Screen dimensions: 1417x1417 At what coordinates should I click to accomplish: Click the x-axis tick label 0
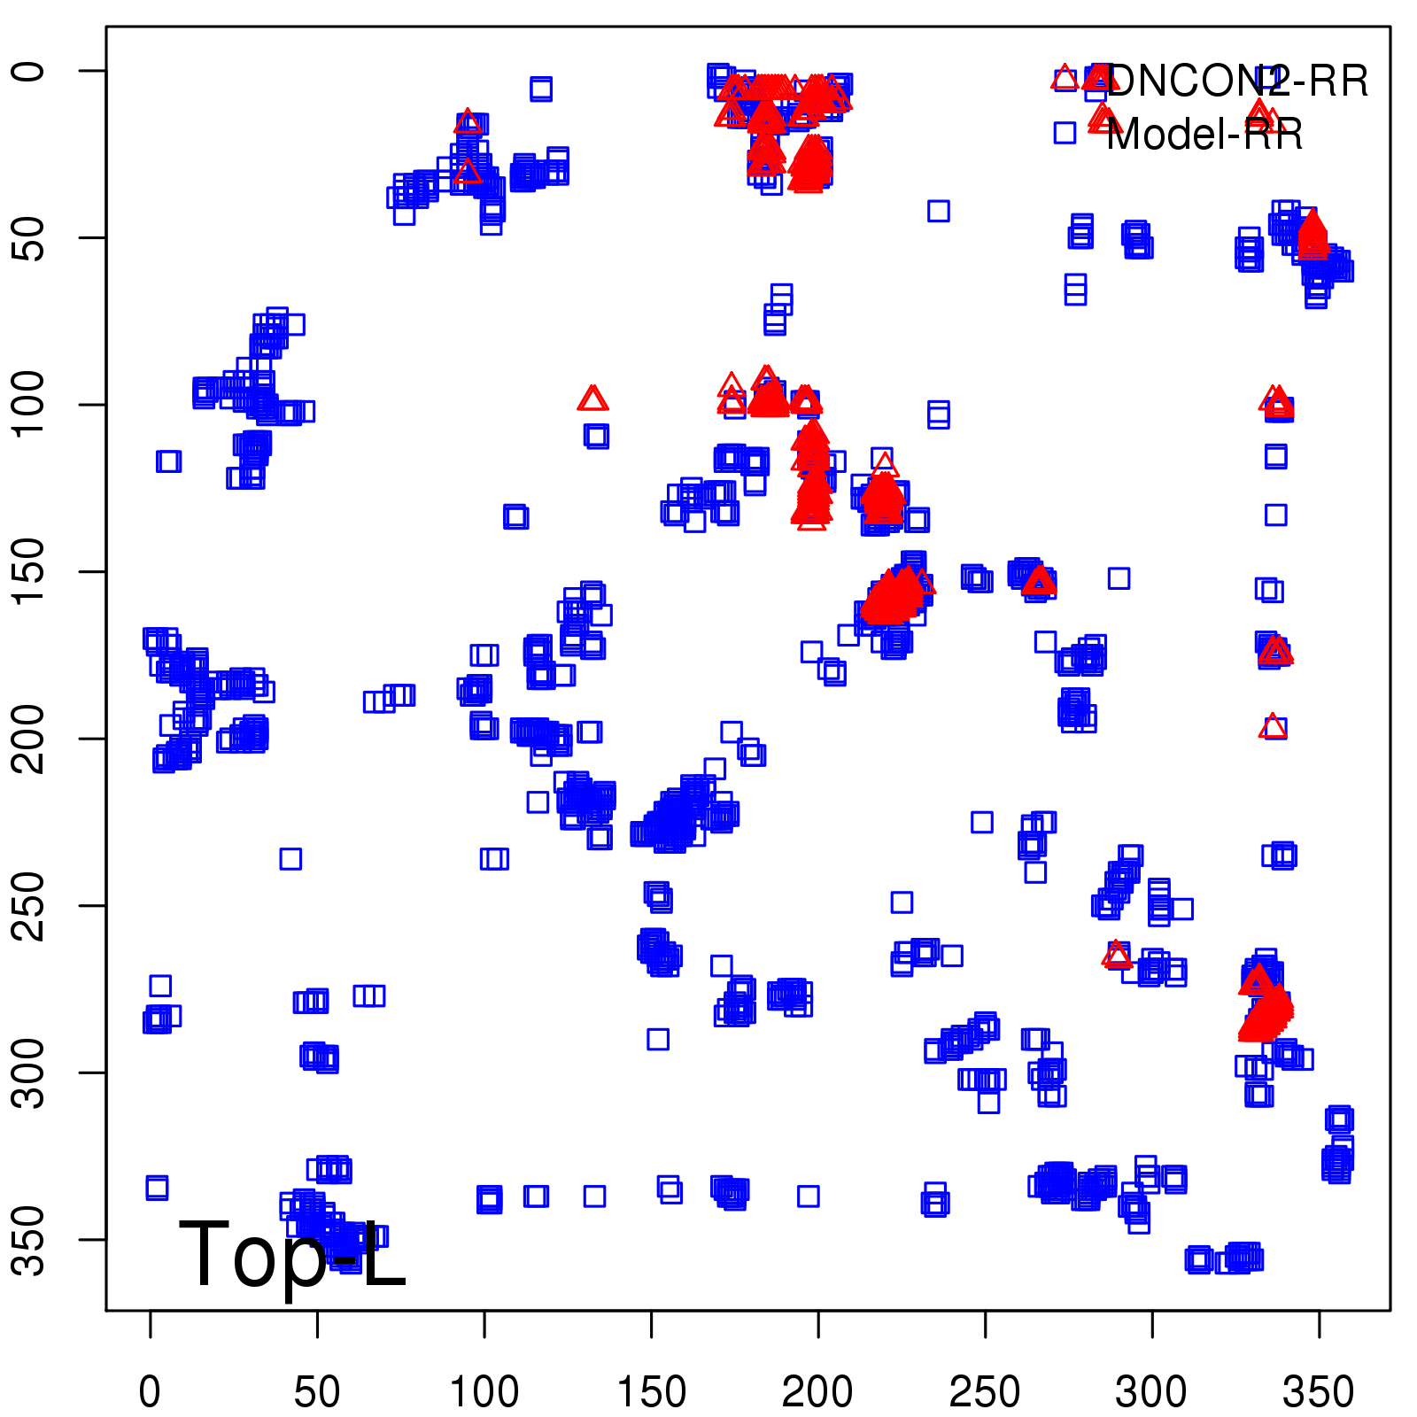pos(150,1391)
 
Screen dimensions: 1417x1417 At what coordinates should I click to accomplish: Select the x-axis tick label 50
pos(317,1391)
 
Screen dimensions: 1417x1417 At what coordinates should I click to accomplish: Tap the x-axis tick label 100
pos(484,1391)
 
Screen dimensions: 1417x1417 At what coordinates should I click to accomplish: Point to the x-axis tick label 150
pos(651,1391)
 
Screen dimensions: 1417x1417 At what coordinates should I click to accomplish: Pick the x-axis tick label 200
pos(817,1391)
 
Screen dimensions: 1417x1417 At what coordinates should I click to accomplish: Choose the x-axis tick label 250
pos(985,1391)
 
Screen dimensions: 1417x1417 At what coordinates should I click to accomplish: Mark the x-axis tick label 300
pos(1151,1391)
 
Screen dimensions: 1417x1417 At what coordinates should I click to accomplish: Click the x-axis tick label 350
pos(1319,1391)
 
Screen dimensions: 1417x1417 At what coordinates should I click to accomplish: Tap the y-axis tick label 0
pos(28,71)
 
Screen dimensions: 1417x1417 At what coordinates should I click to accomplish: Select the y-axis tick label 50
pos(28,237)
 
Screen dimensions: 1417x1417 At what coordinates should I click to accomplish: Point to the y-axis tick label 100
pos(28,405)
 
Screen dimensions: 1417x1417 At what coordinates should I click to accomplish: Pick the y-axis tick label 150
pos(28,571)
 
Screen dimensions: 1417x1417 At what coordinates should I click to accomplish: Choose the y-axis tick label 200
pos(28,739)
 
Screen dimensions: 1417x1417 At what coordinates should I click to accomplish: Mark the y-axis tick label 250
pos(28,905)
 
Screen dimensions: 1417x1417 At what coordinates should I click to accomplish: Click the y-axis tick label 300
pos(28,1072)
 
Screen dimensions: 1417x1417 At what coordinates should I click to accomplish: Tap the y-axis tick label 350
pos(28,1239)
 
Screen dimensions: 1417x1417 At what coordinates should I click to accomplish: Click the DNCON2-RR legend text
pos(1237,81)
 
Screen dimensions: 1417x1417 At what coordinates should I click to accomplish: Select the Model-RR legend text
pos(1204,135)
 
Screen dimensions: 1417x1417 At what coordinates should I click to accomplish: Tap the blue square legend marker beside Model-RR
pos(1065,133)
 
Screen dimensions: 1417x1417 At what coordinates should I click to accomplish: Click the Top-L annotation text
pos(292,1255)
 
